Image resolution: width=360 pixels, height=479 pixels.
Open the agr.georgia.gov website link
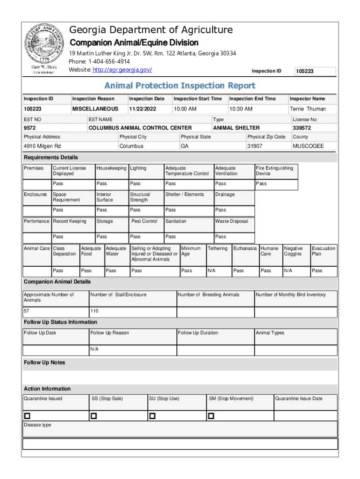coord(122,70)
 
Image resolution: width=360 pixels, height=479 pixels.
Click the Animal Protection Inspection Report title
coord(180,86)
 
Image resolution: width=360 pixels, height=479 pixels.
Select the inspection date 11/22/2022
coord(143,109)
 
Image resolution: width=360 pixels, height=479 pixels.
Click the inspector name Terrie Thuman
coord(308,109)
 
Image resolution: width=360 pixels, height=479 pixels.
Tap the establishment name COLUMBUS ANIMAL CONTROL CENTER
coord(140,128)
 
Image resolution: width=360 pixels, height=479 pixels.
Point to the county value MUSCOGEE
coord(308,146)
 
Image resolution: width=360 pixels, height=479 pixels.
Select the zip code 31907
coord(255,146)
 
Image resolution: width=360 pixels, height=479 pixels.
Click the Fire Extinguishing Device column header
coord(274,171)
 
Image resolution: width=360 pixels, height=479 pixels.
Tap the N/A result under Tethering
coord(212,270)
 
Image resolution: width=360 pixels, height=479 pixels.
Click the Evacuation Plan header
coord(323,251)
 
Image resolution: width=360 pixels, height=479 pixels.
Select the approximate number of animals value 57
coord(27,311)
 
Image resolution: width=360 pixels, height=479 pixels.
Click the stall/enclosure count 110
coord(94,311)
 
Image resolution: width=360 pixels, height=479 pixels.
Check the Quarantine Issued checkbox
coord(27,416)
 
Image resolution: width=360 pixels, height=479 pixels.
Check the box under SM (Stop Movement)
coord(211,416)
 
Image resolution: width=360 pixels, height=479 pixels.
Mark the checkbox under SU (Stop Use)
coord(152,416)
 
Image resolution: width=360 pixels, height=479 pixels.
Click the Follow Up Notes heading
coord(44,363)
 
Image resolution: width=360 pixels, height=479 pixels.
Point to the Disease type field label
coord(37,425)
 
